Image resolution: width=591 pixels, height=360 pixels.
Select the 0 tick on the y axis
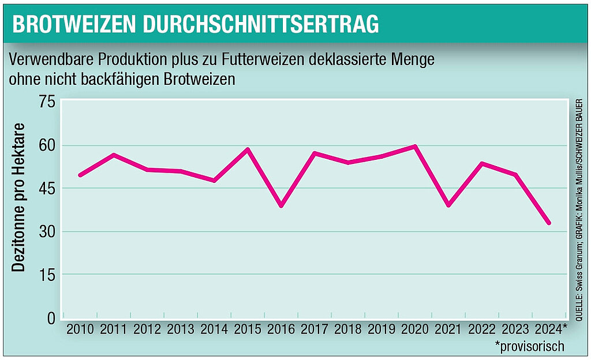point(51,318)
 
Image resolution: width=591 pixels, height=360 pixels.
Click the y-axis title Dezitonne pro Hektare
point(20,197)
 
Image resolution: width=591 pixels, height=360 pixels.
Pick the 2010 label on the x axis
point(80,330)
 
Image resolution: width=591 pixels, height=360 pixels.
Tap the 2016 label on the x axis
point(281,330)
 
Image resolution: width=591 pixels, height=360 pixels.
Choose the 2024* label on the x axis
point(549,330)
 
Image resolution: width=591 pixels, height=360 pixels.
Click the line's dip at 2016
point(281,205)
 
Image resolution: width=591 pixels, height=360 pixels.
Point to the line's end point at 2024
point(549,223)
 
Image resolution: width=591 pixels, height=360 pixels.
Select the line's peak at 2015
point(248,149)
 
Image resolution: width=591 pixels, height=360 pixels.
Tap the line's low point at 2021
point(448,205)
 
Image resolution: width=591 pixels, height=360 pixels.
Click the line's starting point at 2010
point(80,175)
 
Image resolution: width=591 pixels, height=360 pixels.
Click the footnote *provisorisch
point(529,346)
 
